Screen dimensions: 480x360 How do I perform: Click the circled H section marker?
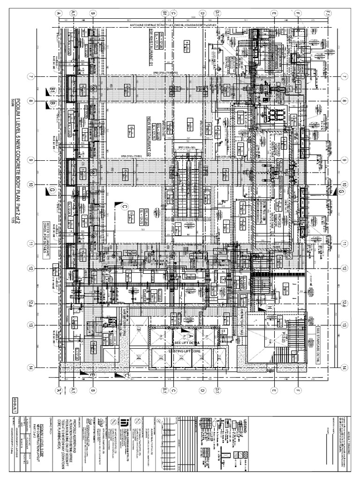pos(270,307)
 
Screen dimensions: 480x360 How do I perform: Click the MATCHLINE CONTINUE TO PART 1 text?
pos(187,25)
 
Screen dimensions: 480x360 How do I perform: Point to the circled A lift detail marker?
pos(190,336)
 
